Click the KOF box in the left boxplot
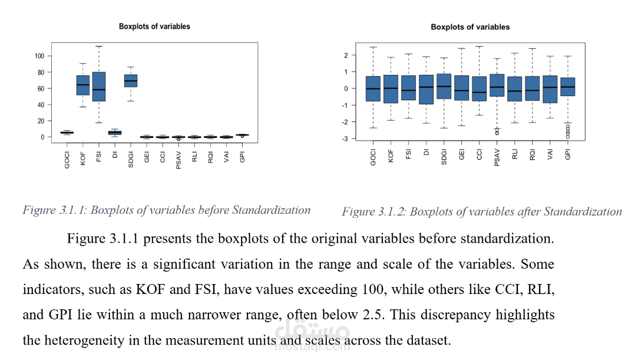pyautogui.click(x=82, y=85)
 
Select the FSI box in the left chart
pyautogui.click(x=99, y=87)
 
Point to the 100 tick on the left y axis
pyautogui.click(x=39, y=56)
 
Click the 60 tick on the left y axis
pyautogui.click(x=41, y=88)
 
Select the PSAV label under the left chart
pyautogui.click(x=178, y=160)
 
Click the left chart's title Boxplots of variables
pyautogui.click(x=154, y=27)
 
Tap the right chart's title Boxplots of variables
pyautogui.click(x=470, y=27)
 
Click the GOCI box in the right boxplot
pyautogui.click(x=373, y=88)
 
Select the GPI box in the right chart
pyautogui.click(x=567, y=87)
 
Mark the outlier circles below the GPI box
pyautogui.click(x=567, y=131)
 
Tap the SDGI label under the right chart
pyautogui.click(x=444, y=156)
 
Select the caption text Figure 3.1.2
pyautogui.click(x=374, y=212)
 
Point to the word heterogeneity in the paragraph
pyautogui.click(x=88, y=341)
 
